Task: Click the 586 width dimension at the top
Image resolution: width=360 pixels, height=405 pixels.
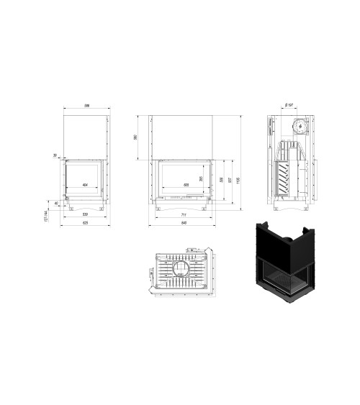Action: click(86, 106)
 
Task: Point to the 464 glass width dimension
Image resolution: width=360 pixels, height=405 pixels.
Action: click(85, 186)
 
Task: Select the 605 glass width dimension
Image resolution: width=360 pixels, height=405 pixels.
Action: click(186, 186)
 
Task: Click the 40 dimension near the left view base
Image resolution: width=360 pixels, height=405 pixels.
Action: click(57, 203)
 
